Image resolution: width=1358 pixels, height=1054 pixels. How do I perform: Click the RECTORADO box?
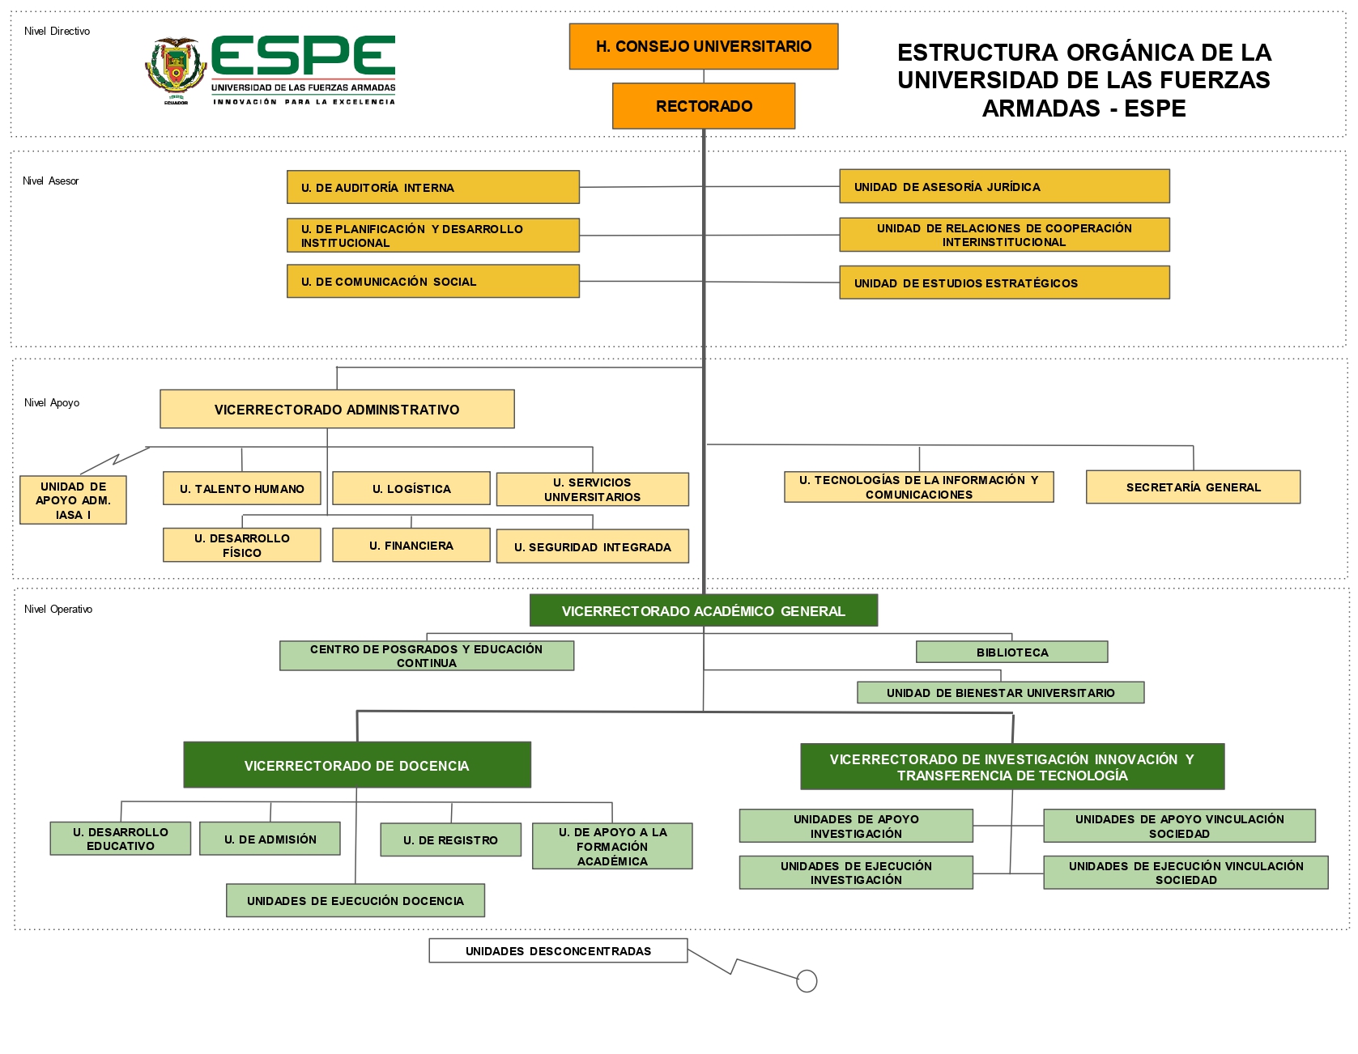pos(704,106)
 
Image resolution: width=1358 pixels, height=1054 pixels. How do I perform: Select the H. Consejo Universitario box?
pos(704,46)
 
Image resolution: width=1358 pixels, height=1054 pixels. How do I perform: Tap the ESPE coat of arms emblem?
pos(176,70)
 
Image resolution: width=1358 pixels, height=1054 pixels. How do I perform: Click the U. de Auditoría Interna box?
pos(433,187)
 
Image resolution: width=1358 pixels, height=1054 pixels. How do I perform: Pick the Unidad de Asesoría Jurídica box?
pos(1004,186)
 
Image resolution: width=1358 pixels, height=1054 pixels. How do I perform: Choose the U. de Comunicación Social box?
pos(433,281)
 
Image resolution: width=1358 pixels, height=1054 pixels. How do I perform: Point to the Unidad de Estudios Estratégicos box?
pos(1004,283)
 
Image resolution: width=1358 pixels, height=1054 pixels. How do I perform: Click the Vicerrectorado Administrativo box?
pos(337,409)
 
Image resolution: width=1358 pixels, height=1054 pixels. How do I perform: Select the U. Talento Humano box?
pos(242,488)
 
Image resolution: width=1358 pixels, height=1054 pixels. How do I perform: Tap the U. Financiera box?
pos(411,545)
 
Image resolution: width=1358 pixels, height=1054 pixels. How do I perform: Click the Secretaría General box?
pos(1193,487)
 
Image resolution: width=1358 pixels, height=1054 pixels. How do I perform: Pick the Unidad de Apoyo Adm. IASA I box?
pos(73,499)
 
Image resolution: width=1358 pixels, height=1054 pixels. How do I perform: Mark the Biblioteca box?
pos(1011,652)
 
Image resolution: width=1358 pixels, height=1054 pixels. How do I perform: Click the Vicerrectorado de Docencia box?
pos(357,765)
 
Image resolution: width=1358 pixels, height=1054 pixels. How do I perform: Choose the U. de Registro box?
pos(450,839)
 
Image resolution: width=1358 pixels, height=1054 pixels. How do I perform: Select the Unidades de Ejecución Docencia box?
pos(355,900)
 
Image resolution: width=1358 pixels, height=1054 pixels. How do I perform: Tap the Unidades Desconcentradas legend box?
pos(558,950)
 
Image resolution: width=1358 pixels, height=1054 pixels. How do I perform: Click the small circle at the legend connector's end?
pos(807,981)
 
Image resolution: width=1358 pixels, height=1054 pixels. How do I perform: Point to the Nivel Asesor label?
pos(51,181)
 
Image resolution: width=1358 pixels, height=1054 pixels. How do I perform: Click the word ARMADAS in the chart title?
pos(1041,108)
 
